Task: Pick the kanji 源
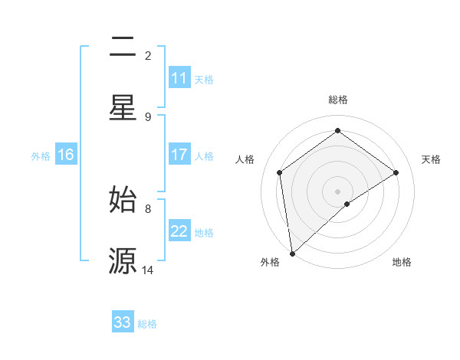point(123,260)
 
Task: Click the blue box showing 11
point(179,78)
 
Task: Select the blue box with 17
point(179,155)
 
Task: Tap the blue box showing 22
point(179,231)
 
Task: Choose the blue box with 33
point(123,322)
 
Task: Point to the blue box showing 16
point(66,155)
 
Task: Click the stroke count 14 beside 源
point(148,270)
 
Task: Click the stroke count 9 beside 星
point(148,116)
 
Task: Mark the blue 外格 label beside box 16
point(41,155)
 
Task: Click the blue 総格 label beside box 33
point(147,324)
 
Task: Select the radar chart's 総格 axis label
point(338,100)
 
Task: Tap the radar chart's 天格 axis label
point(431,159)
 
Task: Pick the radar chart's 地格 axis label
point(402,263)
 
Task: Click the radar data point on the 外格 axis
point(292,254)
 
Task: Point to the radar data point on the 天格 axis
point(396,172)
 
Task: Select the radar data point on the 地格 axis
point(347,204)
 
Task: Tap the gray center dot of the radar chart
point(338,191)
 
